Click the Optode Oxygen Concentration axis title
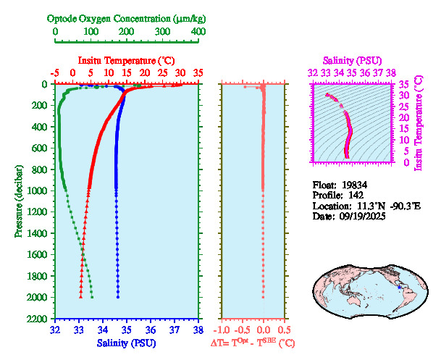127,17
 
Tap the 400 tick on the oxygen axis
198,32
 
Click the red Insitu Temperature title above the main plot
126,60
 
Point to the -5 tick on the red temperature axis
55,73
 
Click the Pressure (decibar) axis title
18,201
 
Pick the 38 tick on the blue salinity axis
198,329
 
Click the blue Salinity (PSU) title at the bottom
126,342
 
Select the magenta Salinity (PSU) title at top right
352,59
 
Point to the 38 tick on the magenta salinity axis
390,72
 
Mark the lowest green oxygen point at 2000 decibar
92,297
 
